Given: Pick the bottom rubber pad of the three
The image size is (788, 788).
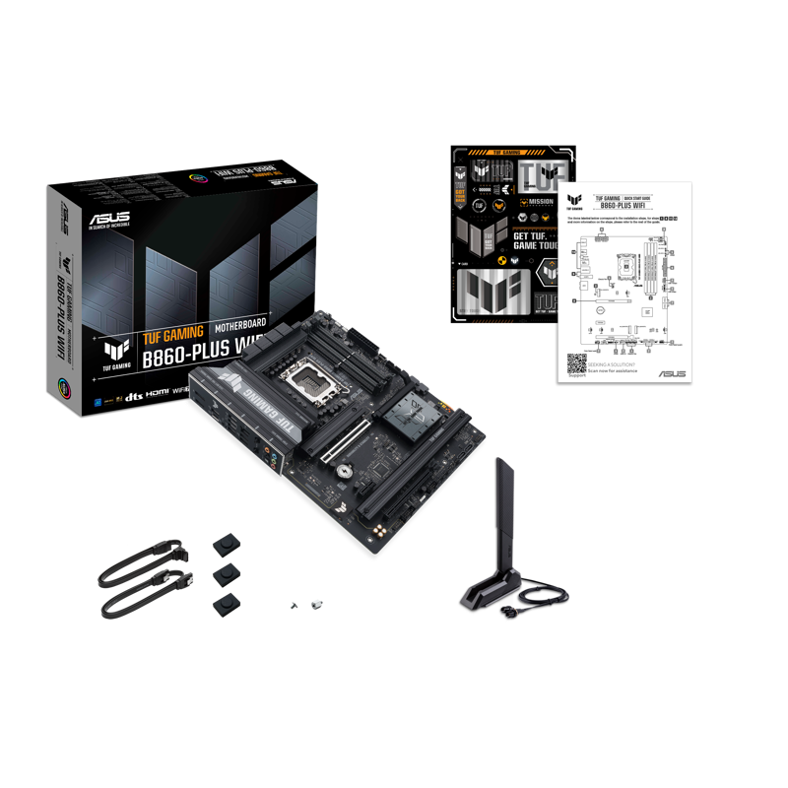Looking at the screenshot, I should (224, 603).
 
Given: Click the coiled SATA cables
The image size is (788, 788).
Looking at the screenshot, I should (138, 582).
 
